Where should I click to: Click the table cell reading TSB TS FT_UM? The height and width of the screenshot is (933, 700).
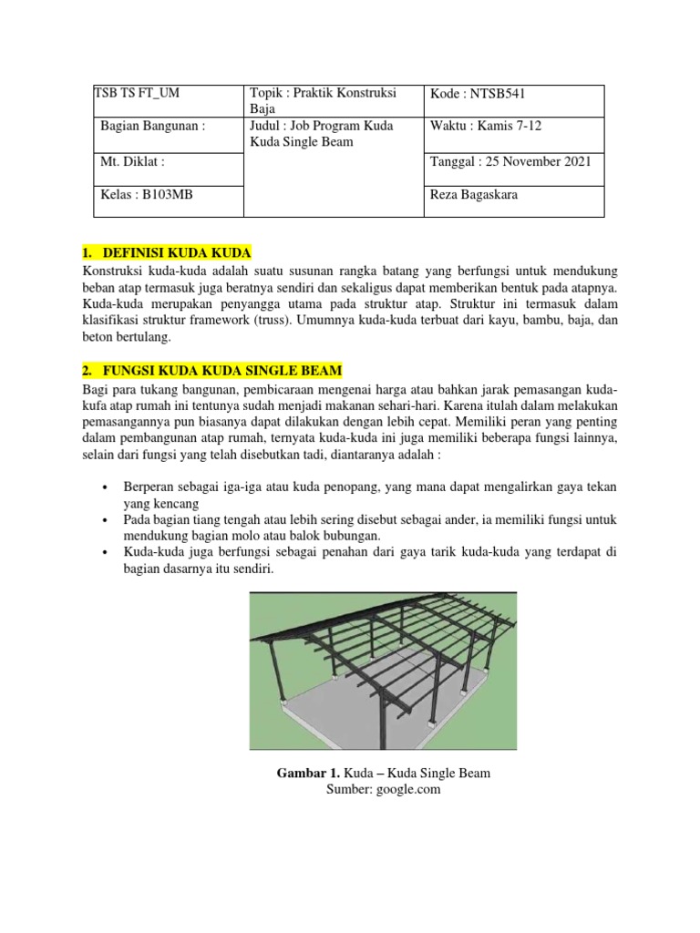[x=138, y=94]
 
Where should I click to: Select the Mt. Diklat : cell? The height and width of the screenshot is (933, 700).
[x=133, y=161]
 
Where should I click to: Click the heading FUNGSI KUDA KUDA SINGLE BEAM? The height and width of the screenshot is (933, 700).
[x=219, y=370]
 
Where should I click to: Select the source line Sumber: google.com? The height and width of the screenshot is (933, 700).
[x=383, y=790]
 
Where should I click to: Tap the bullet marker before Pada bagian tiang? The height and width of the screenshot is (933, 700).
[x=107, y=520]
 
